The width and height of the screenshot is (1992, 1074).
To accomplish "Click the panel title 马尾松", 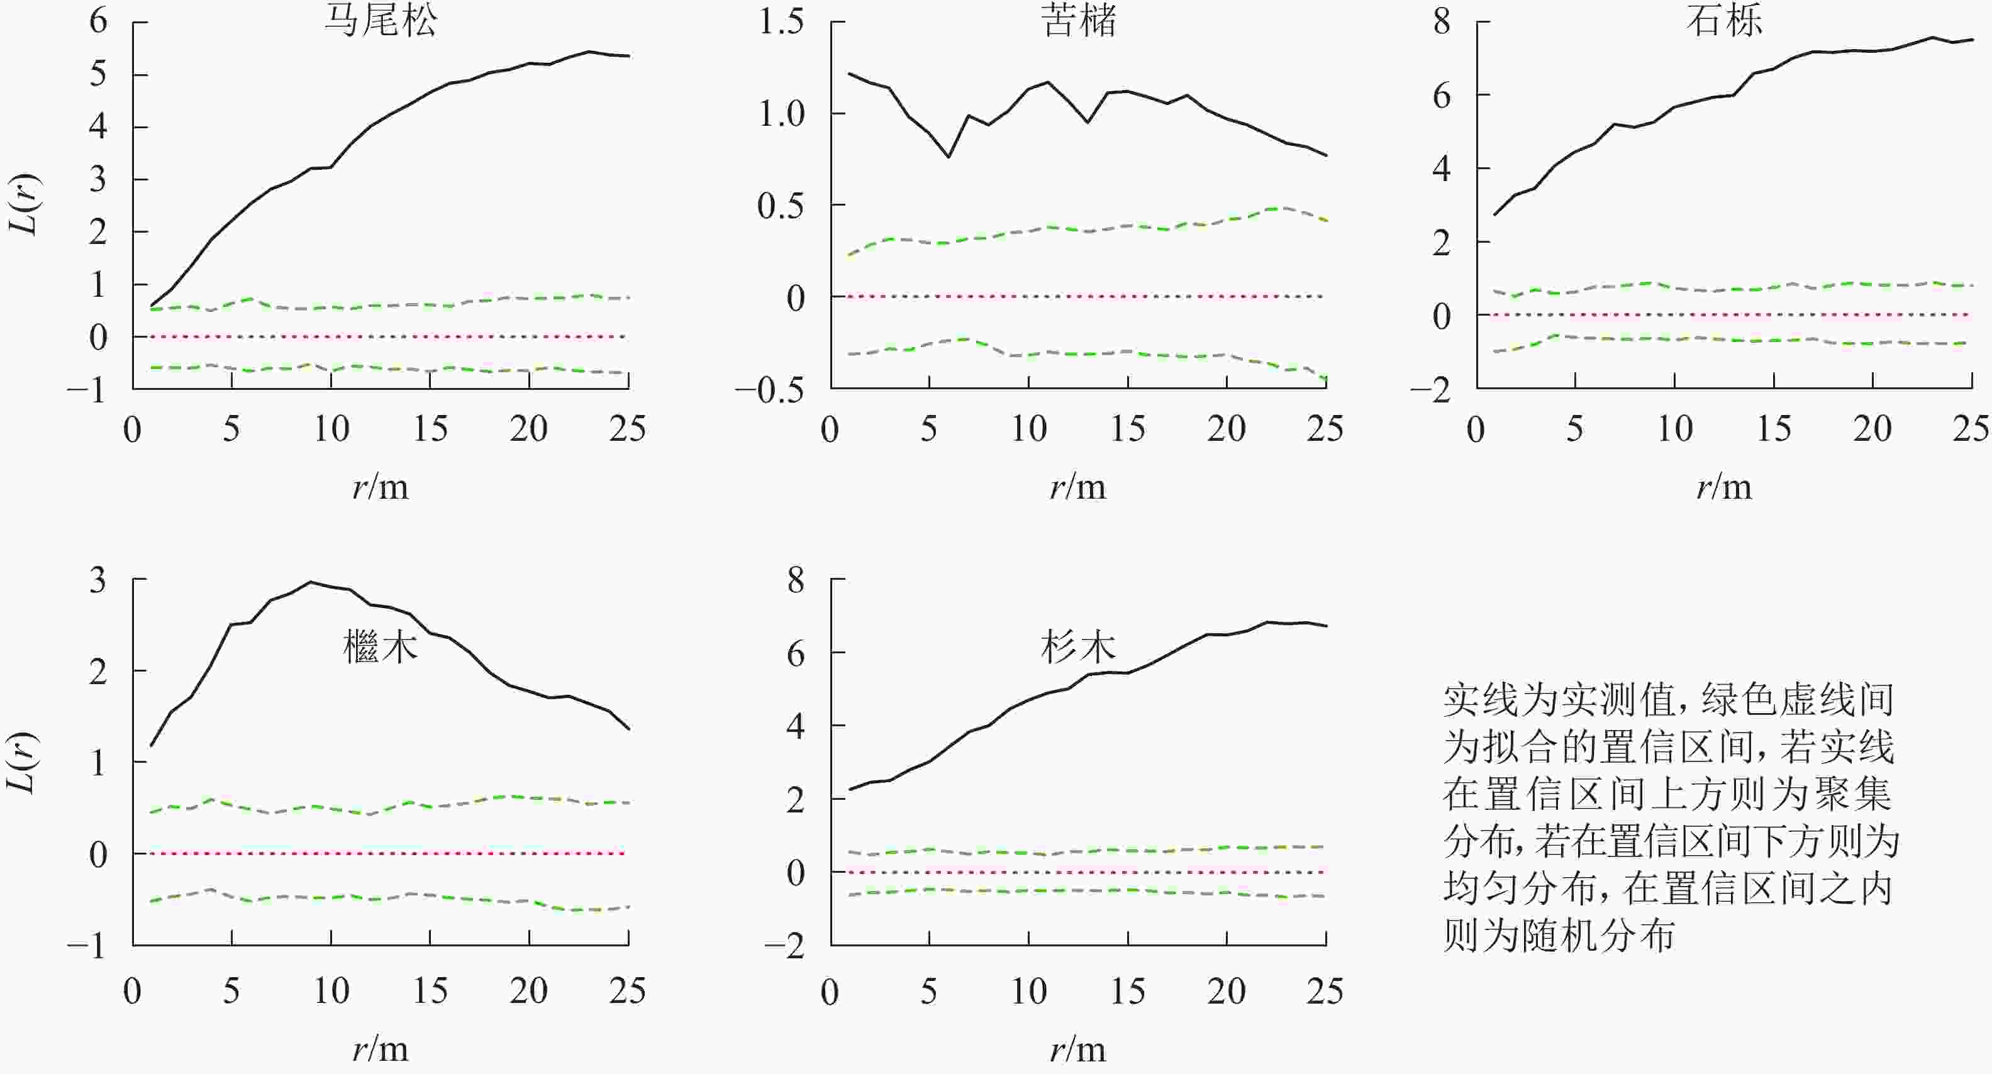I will point(380,20).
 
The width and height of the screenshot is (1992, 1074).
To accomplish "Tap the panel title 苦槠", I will point(1079,20).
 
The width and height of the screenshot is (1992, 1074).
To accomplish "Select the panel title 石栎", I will point(1725,20).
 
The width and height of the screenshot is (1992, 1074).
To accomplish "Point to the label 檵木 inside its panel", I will point(381,646).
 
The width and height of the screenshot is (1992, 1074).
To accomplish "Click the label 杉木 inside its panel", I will point(1078,646).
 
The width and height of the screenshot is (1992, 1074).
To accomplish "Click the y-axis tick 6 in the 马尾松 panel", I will point(98,21).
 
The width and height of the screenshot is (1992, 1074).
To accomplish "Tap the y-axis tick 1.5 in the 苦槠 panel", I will point(781,21).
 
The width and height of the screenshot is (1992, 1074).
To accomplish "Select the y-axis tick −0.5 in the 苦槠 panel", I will point(769,390).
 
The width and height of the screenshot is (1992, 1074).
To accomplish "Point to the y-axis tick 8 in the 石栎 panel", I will point(1442,21).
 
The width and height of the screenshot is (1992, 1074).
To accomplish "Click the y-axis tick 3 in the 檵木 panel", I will point(98,580).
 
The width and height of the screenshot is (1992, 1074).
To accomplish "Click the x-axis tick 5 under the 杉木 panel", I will point(929,991).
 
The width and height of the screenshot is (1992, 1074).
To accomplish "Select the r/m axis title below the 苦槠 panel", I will point(1078,487).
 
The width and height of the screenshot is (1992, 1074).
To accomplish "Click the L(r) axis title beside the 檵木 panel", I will point(23,761).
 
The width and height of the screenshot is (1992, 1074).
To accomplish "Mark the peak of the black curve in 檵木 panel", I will point(310,582).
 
